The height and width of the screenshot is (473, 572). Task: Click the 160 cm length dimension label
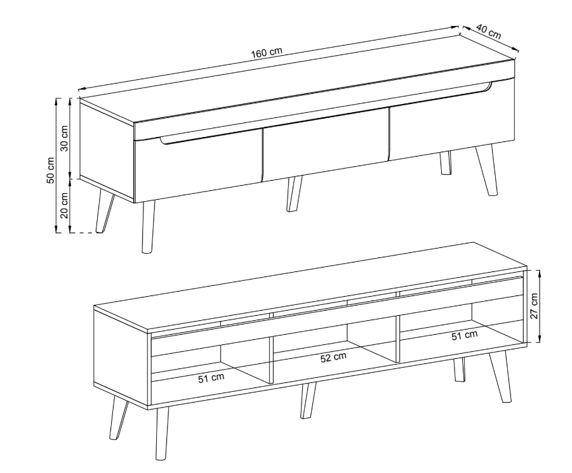pos(267,53)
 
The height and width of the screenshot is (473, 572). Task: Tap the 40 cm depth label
pos(488,32)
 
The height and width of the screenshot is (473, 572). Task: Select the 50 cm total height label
pos(50,170)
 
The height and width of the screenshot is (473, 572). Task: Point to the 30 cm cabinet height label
pos(64,138)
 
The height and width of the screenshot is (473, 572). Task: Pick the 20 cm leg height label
pos(64,205)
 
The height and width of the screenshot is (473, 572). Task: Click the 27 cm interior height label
pos(534,306)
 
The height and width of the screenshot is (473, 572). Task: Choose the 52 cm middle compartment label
pos(333,358)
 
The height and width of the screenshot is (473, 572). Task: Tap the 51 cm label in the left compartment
pos(211,378)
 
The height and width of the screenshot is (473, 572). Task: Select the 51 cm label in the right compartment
pos(464,335)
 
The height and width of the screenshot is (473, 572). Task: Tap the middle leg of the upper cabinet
pos(295,194)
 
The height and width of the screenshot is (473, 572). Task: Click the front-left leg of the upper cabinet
pos(148,226)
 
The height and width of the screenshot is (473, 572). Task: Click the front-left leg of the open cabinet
pos(162,433)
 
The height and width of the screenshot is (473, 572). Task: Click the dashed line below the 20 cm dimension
pos(82,233)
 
